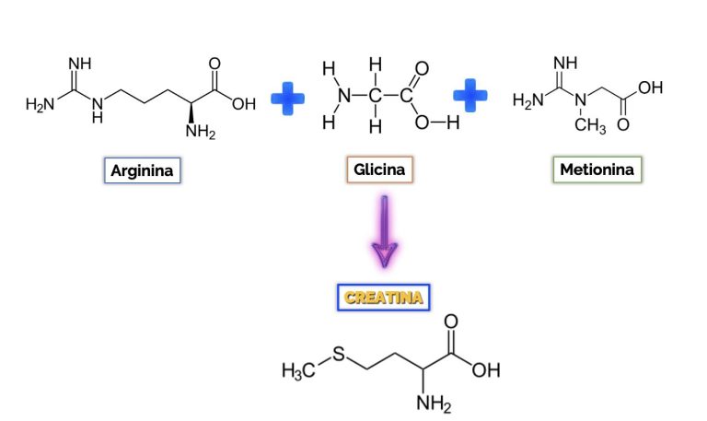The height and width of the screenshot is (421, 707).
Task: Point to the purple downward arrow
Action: pyautogui.click(x=384, y=231)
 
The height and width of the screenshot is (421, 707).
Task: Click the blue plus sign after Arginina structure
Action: pyautogui.click(x=287, y=99)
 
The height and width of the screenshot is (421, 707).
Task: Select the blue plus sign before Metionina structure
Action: pyautogui.click(x=469, y=95)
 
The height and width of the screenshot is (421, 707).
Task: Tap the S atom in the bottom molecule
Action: pyautogui.click(x=339, y=354)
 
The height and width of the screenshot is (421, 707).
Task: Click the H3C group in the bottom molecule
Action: pyautogui.click(x=298, y=370)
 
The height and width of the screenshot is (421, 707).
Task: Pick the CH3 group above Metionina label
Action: pyautogui.click(x=590, y=125)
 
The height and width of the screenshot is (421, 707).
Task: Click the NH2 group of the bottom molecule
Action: pyautogui.click(x=434, y=403)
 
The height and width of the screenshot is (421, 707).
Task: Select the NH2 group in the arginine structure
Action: pyautogui.click(x=201, y=132)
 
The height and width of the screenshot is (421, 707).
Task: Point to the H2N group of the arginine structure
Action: pyautogui.click(x=41, y=104)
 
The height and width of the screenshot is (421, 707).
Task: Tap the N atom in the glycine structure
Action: pyautogui.click(x=344, y=95)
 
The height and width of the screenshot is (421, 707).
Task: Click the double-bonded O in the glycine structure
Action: pyautogui.click(x=422, y=68)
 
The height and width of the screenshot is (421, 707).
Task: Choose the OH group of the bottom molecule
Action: pyautogui.click(x=486, y=370)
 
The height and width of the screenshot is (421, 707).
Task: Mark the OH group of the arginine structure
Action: pyautogui.click(x=244, y=104)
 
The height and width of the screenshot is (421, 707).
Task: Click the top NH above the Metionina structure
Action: pyautogui.click(x=565, y=63)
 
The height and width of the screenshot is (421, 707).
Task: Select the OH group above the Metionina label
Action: pyautogui.click(x=650, y=88)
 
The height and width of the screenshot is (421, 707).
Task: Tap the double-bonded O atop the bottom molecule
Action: pyautogui.click(x=451, y=322)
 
